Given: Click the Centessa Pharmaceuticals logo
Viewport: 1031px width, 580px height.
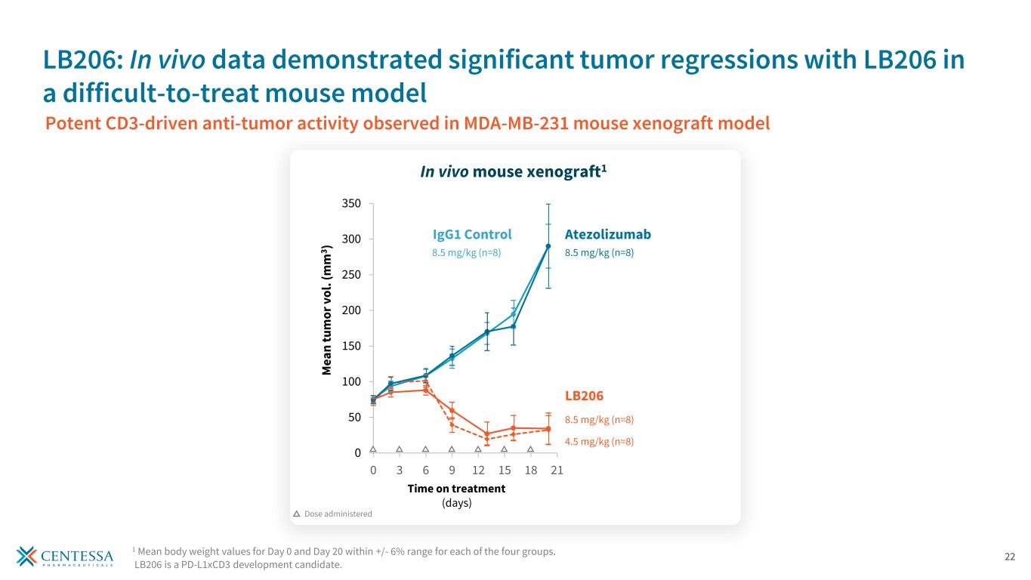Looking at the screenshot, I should click(65, 557).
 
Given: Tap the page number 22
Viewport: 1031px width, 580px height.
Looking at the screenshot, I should click(1010, 557).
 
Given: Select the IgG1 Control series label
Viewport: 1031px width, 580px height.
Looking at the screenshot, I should click(472, 234).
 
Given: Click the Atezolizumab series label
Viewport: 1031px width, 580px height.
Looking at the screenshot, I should click(607, 234).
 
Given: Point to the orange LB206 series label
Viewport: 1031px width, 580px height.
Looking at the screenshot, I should click(584, 396).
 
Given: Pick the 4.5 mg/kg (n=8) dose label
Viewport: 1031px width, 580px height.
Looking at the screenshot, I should click(599, 442).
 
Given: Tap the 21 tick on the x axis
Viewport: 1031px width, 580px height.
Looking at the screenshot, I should click(557, 470).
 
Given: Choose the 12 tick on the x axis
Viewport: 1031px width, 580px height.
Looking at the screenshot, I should click(478, 470).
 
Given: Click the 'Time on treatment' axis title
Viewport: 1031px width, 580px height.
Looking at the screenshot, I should click(456, 489).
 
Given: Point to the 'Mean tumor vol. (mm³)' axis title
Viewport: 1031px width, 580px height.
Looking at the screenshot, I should click(328, 310).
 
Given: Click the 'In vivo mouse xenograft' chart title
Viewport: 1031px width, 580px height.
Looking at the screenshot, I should click(514, 172).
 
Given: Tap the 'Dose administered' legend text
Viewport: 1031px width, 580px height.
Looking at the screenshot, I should click(338, 514).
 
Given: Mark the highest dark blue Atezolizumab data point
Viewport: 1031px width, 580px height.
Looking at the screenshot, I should click(548, 246).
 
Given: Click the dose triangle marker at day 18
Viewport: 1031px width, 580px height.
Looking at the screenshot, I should click(530, 449).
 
